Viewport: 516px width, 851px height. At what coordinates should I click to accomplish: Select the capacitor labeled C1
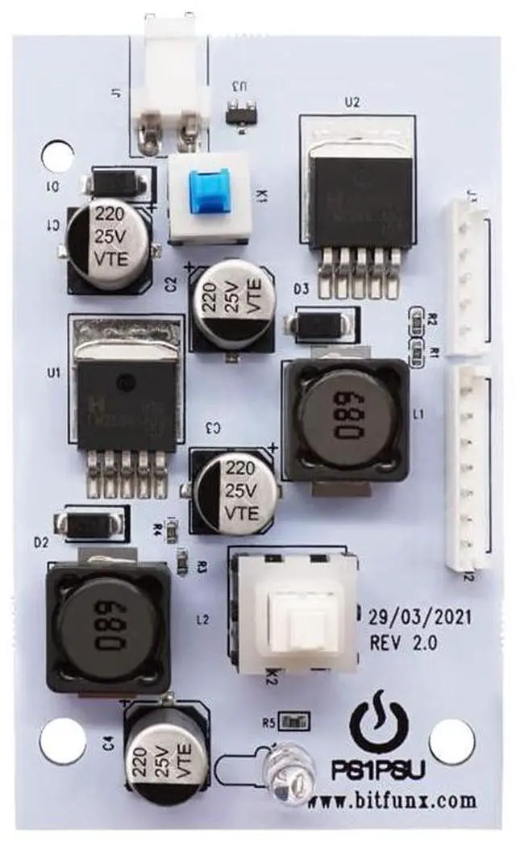[x=109, y=239]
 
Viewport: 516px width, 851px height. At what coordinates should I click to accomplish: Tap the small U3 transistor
[x=240, y=113]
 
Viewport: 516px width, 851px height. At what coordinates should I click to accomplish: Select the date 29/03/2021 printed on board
[x=419, y=619]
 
